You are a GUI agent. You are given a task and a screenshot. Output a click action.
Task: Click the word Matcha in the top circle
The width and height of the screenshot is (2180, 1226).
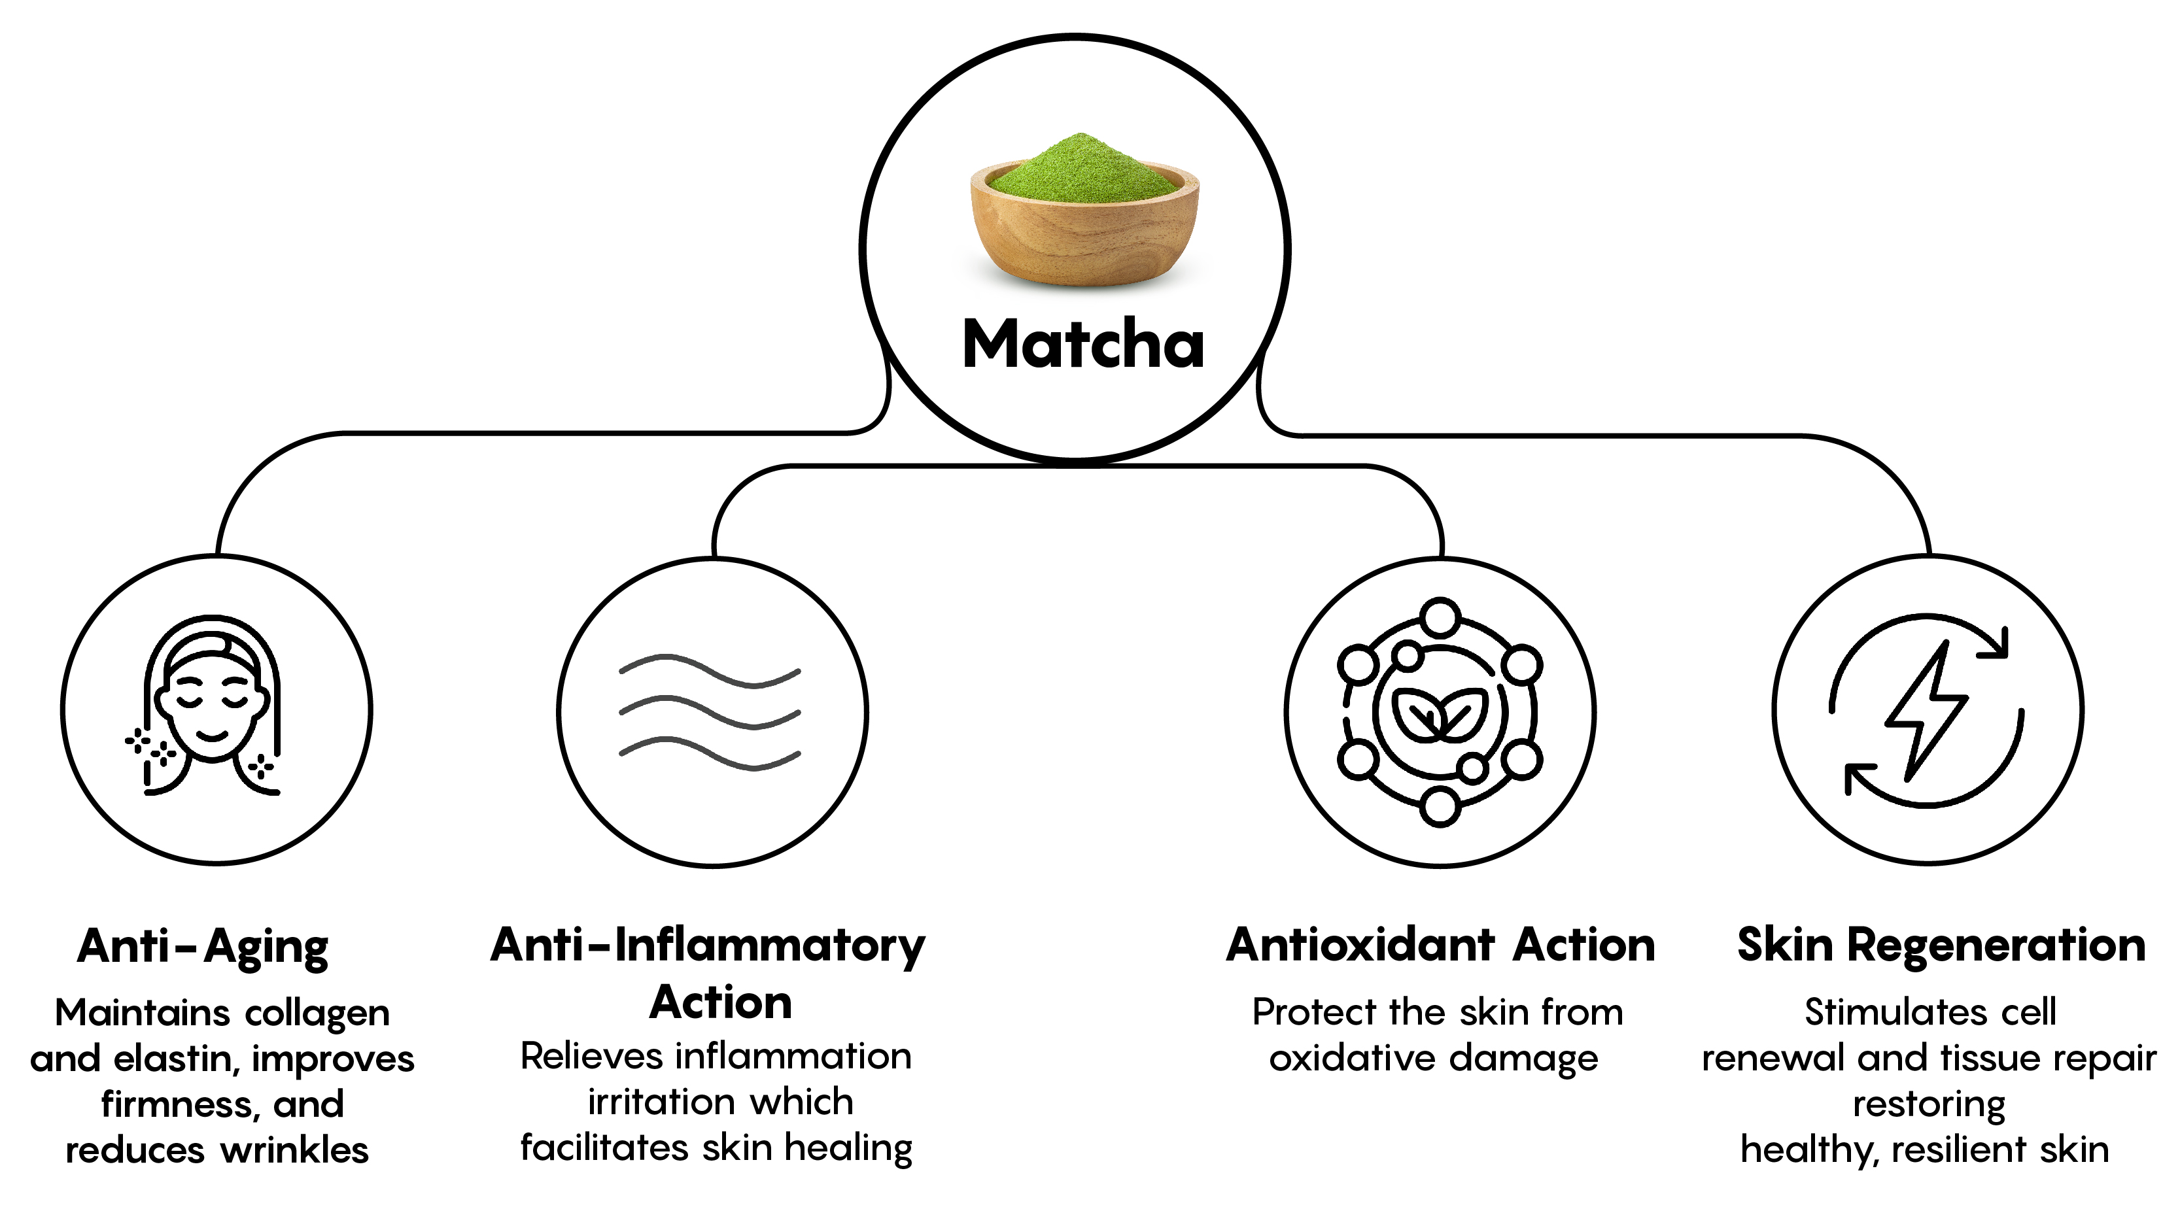pos(1082,345)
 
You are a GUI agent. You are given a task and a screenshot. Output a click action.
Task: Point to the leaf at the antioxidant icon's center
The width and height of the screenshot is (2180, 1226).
pos(1440,715)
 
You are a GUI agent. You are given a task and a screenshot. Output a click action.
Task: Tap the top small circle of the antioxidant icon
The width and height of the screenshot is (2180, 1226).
pos(1440,617)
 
